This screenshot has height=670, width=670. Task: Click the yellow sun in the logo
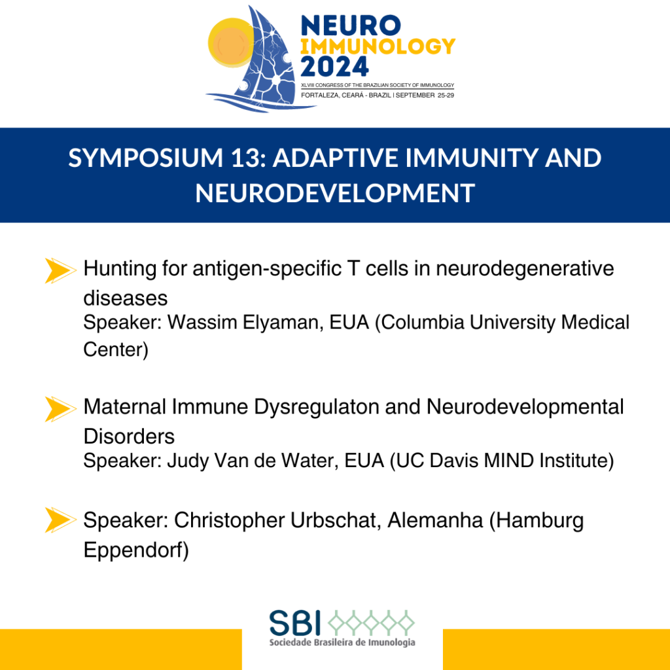[x=231, y=43]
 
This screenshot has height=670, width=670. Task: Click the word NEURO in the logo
[x=351, y=26]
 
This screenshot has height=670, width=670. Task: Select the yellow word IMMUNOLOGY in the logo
[x=378, y=46]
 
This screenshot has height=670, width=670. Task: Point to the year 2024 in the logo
[x=334, y=66]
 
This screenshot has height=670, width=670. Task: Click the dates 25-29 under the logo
[x=446, y=96]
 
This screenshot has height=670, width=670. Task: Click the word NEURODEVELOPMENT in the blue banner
[x=335, y=193]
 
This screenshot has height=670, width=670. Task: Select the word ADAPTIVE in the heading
[x=336, y=158]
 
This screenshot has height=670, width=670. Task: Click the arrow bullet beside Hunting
[x=60, y=270]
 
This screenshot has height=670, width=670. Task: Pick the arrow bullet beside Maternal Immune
[x=60, y=409]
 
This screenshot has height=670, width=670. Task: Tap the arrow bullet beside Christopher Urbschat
[x=60, y=520]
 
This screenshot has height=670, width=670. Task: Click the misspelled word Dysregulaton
[x=317, y=407]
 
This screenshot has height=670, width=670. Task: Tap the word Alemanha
[x=435, y=520]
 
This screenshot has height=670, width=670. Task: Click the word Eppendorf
[x=133, y=550]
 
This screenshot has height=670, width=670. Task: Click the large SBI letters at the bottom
[x=295, y=623]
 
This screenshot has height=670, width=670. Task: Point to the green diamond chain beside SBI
[x=371, y=623]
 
